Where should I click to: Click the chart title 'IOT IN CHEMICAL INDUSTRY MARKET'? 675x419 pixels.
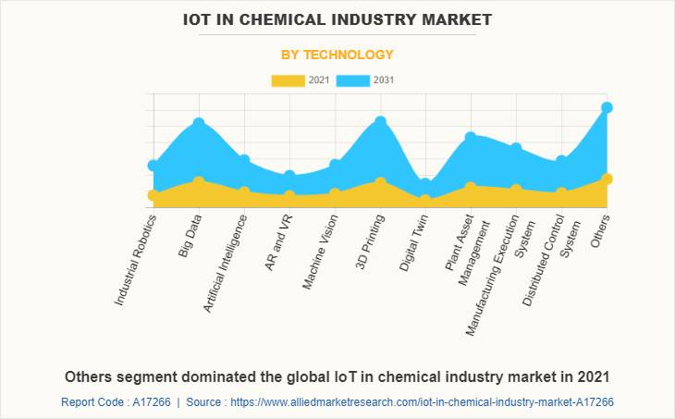[337, 18]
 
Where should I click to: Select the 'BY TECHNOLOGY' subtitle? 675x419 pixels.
[337, 55]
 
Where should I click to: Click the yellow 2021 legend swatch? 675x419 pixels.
[287, 80]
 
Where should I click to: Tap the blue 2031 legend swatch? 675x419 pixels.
[353, 80]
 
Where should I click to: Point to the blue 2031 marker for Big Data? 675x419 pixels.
[199, 123]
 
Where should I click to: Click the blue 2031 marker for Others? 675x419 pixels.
[607, 107]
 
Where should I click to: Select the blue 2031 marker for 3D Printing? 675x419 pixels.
[380, 122]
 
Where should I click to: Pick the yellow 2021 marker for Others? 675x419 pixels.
[607, 179]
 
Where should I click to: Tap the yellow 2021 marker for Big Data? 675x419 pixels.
[199, 181]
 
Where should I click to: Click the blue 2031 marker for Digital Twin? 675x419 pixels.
[425, 183]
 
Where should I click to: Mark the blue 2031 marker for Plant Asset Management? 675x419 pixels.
[471, 138]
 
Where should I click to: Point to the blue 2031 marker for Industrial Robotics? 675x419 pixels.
[153, 166]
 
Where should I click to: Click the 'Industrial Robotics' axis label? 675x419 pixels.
[136, 260]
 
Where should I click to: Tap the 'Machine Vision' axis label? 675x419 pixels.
[320, 252]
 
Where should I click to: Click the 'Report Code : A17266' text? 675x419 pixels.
[115, 402]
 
